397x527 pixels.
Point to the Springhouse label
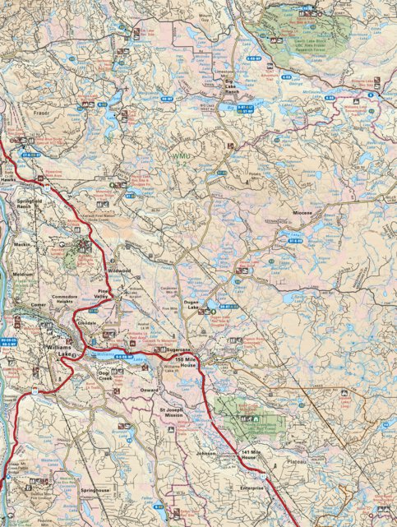pyautogui.click(x=95, y=488)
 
